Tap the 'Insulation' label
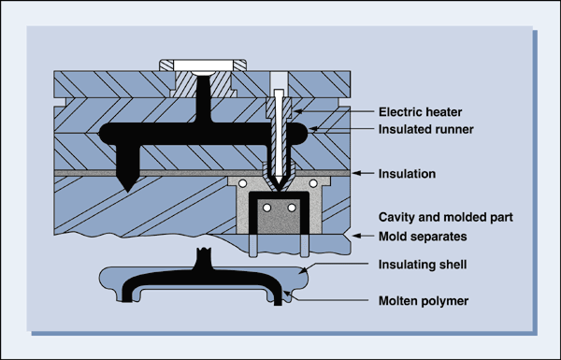pyautogui.click(x=409, y=174)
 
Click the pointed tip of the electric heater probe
pyautogui.click(x=279, y=183)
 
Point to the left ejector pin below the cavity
pyautogui.click(x=255, y=245)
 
